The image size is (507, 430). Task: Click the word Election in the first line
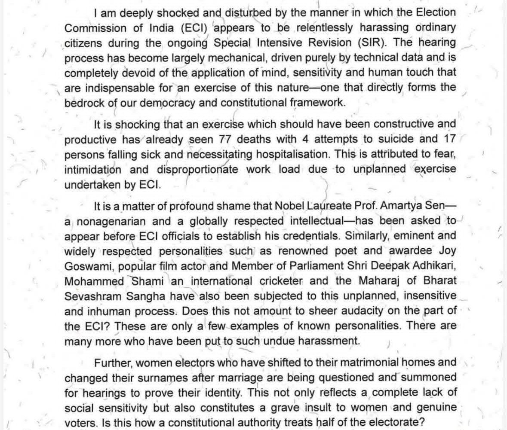pyautogui.click(x=431, y=13)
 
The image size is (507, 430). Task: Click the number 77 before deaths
pyautogui.click(x=227, y=140)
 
